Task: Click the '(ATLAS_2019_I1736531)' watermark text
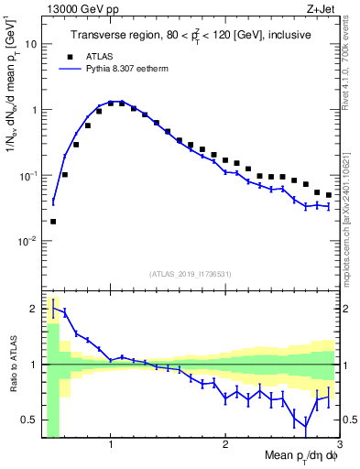(190, 274)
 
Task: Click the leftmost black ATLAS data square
(53, 221)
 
